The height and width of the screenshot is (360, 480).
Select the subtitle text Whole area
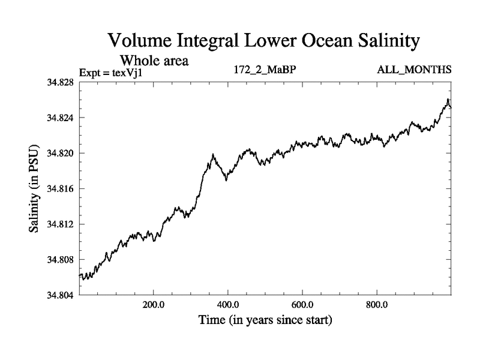pos(155,61)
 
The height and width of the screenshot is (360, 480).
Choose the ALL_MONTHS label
pos(413,71)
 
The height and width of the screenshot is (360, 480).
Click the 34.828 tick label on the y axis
pos(59,82)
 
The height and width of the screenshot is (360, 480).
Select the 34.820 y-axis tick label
pos(59,153)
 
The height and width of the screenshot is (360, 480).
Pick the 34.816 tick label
pos(59,188)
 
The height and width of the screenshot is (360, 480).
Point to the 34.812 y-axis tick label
pos(59,224)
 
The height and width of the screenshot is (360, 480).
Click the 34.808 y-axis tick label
pos(59,259)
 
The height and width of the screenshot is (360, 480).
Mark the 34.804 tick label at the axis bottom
pos(59,295)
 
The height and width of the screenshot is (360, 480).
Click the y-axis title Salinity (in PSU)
pos(34,189)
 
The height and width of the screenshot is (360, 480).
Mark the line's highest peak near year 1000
pos(448,100)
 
